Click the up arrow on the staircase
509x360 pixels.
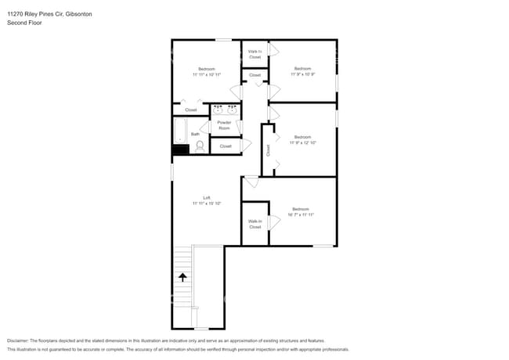click(183, 276)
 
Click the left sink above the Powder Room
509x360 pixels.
click(218, 110)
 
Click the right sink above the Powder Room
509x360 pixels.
click(233, 110)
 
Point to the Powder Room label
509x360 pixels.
click(224, 125)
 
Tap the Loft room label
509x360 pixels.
click(207, 198)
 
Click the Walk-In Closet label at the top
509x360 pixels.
click(254, 54)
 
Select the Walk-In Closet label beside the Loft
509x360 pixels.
click(254, 224)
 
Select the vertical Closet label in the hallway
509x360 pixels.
click(268, 150)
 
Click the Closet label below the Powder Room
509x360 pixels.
click(226, 146)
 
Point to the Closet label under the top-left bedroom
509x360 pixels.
click(191, 110)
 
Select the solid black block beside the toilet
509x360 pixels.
click(181, 149)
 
